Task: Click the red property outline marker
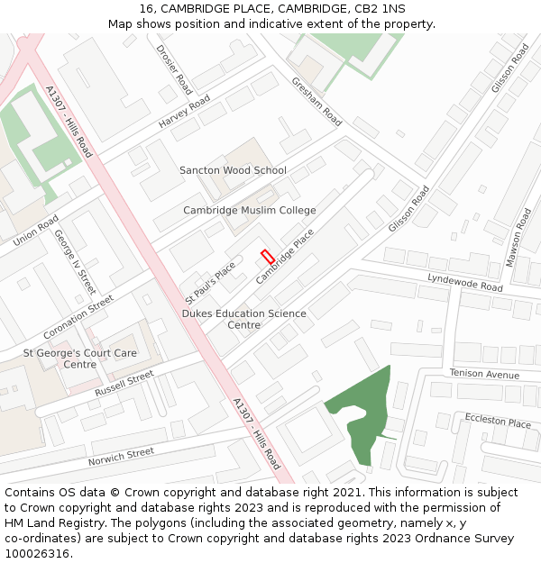pos(267,256)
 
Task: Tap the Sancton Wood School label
pos(233,170)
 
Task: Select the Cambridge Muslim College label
pos(250,211)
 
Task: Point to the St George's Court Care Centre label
pos(80,359)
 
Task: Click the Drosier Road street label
pos(174,70)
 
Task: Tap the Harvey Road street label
pos(184,111)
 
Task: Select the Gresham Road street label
pos(316,101)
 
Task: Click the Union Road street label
pos(36,231)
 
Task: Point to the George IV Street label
pos(75,261)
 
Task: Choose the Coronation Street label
pos(78,316)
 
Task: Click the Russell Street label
pos(124,385)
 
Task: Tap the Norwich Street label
pos(121,457)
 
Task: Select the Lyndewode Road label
pos(464,283)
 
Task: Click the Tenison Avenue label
pos(485,374)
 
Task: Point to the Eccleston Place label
pos(498,422)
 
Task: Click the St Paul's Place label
pos(210,282)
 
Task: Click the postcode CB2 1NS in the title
pos(380,8)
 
